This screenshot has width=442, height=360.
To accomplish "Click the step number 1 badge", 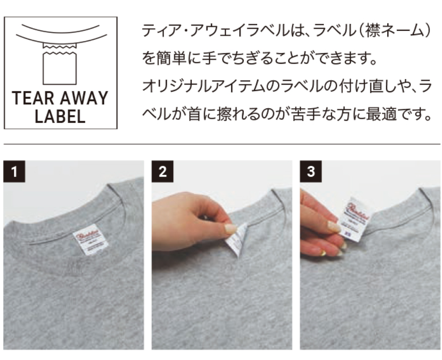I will tap(14, 171).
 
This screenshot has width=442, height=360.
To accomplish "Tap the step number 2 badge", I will tap(162, 171).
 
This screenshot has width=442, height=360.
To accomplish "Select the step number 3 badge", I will tap(311, 171).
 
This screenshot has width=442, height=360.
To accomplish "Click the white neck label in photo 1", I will tap(85, 239).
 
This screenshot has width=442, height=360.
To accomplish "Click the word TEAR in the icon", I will tap(32, 99).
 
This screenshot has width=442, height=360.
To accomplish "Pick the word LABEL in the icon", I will tap(60, 117).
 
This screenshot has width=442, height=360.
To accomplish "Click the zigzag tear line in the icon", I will tap(60, 50).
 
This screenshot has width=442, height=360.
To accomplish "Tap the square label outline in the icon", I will tap(60, 69).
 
